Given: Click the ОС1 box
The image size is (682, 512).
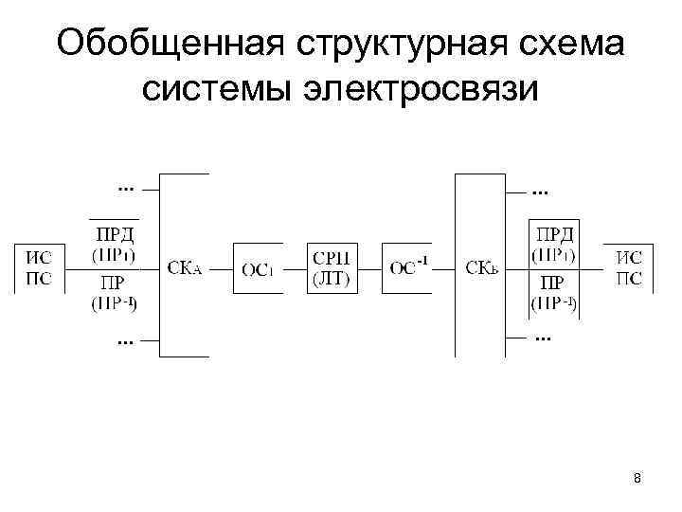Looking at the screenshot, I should [x=258, y=268].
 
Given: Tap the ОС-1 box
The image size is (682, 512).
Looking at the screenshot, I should [x=408, y=268].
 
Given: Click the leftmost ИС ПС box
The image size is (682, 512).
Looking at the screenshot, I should [x=39, y=268].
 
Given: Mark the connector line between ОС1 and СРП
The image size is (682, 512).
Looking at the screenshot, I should [x=295, y=268].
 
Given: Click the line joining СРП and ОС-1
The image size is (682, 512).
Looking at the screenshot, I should [x=369, y=268].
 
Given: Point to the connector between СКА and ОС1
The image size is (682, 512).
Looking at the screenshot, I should [x=221, y=268].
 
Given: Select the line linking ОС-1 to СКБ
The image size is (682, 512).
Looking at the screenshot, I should [x=444, y=268].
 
